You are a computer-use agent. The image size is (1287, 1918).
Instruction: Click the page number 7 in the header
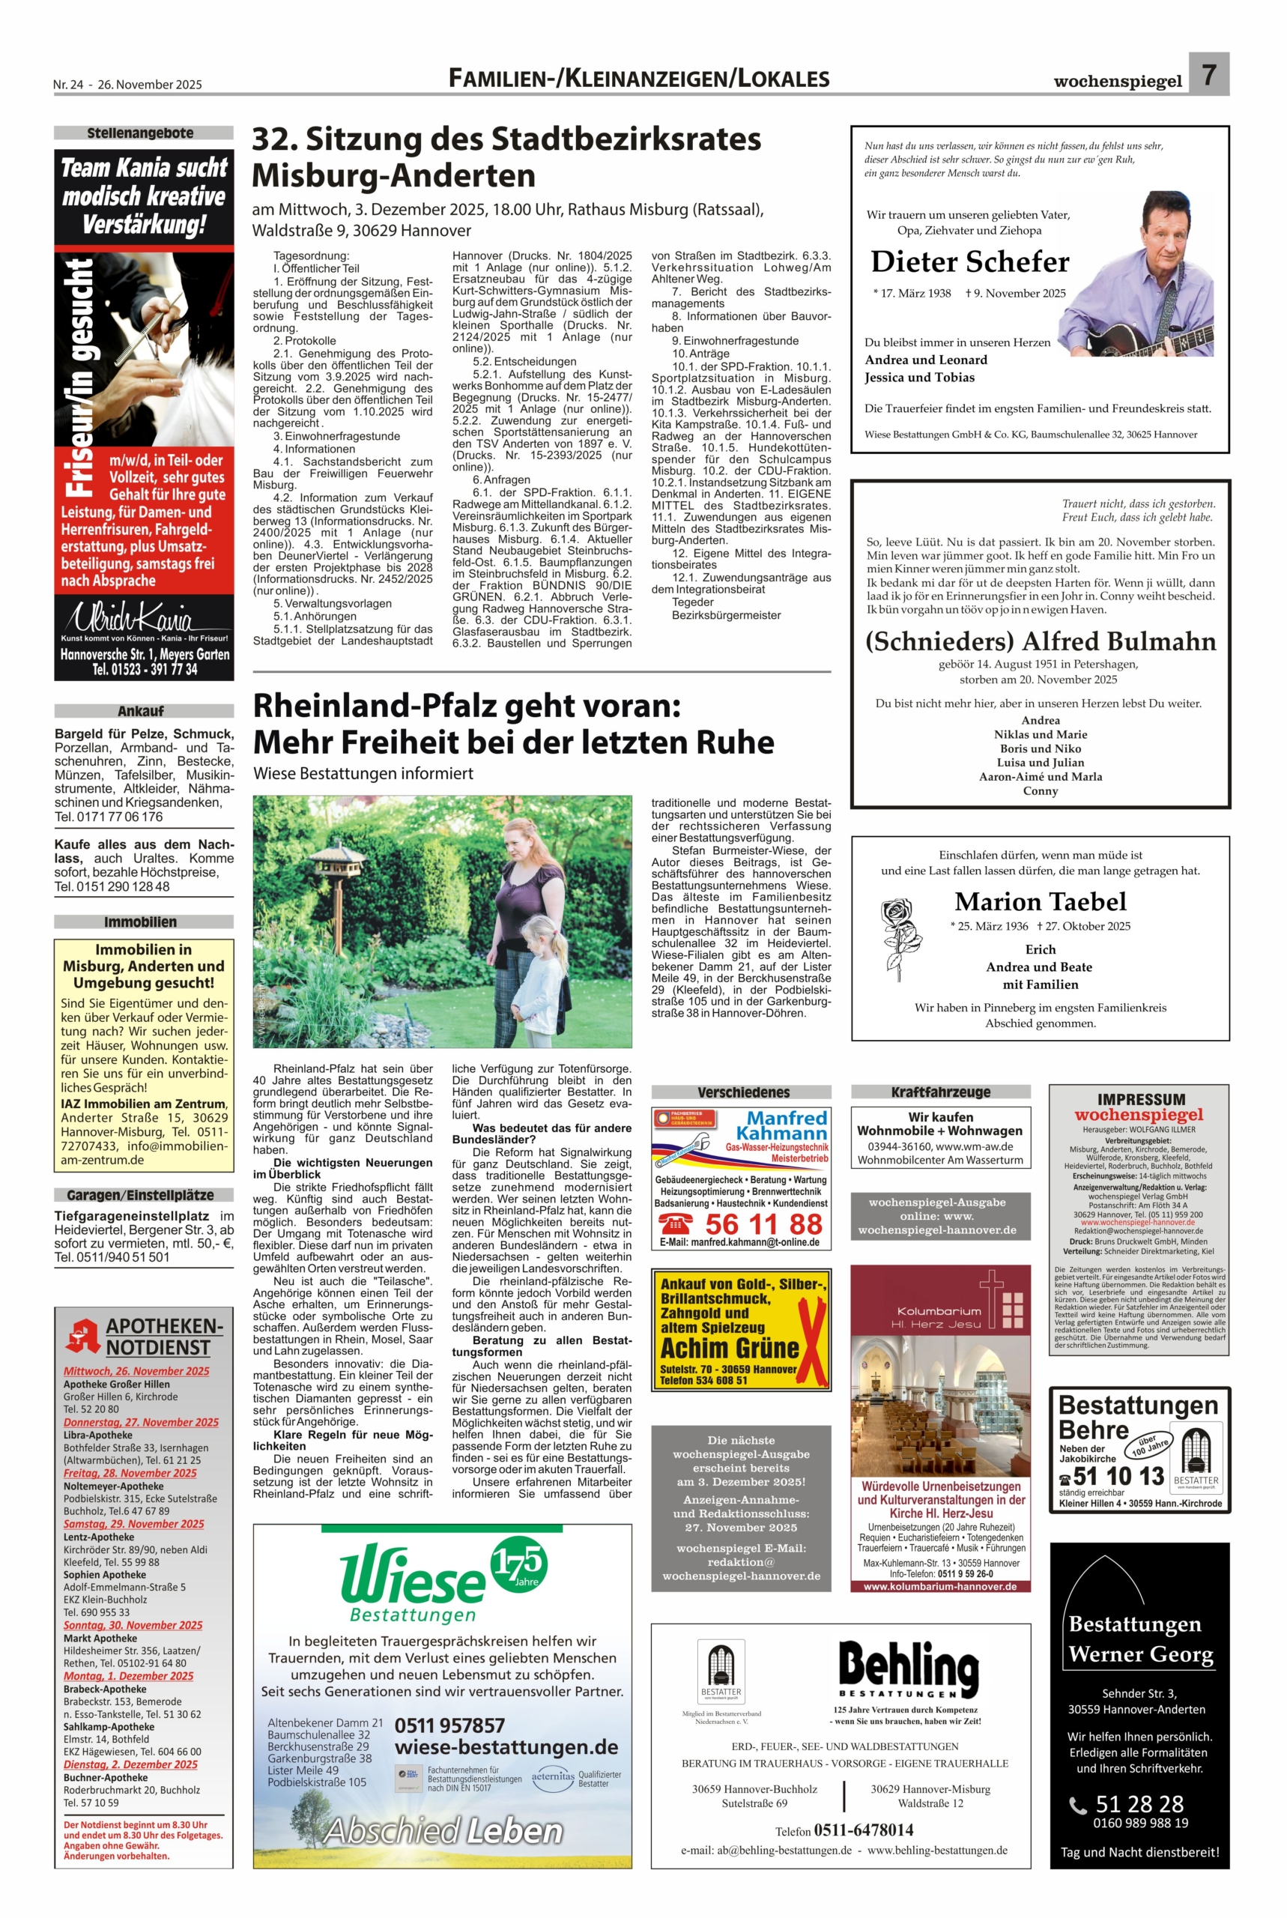coord(1208,76)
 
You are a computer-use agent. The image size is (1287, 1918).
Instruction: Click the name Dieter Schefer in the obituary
coord(969,261)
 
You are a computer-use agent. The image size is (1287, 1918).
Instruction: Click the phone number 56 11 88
coord(763,1223)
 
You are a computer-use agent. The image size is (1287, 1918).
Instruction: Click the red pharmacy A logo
coord(84,1335)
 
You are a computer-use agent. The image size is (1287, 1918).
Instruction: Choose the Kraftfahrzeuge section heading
coord(941,1092)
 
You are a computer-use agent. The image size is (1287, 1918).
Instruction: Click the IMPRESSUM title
coord(1140,1099)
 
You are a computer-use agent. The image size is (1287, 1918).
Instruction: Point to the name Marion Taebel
coord(1040,901)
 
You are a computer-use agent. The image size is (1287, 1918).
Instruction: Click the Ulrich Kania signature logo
coord(142,616)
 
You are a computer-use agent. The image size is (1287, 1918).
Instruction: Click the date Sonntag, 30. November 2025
coord(133,1625)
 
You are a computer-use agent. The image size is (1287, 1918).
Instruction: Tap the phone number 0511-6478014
coord(863,1830)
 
